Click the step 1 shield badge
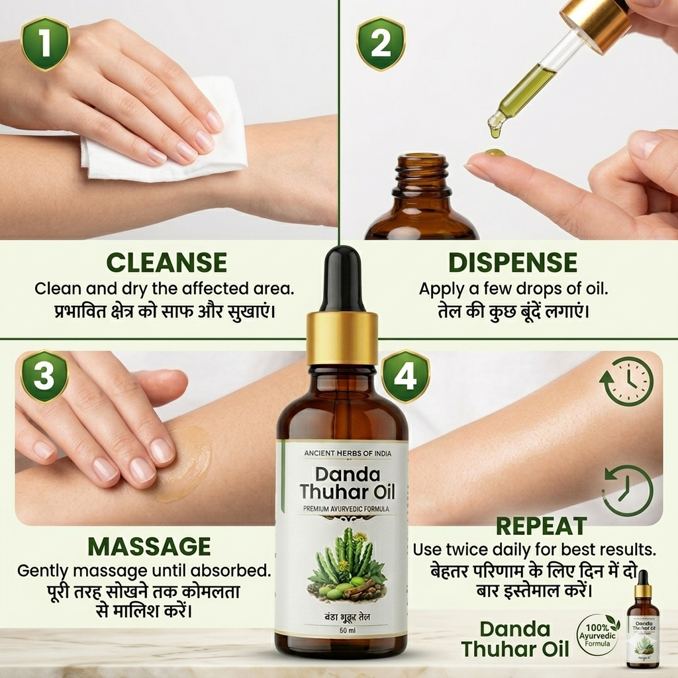[x=46, y=44]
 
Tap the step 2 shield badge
[x=381, y=44]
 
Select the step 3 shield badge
[x=44, y=377]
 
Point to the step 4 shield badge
[x=405, y=377]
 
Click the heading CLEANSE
[x=166, y=263]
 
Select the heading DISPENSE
[x=512, y=263]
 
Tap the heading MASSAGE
[x=149, y=547]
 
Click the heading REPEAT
[x=541, y=526]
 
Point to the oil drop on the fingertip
[x=495, y=154]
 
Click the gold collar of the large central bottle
[x=342, y=337]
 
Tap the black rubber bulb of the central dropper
[x=342, y=278]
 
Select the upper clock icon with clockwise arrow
[x=626, y=381]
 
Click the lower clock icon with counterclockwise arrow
[x=626, y=491]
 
